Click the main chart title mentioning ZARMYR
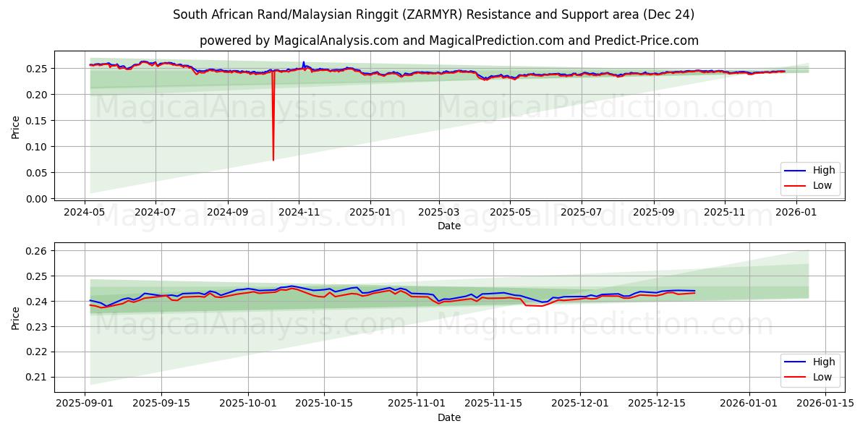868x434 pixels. pos(434,14)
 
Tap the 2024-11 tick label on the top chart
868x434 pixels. pos(299,213)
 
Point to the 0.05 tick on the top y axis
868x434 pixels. pos(36,173)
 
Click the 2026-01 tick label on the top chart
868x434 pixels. pos(796,213)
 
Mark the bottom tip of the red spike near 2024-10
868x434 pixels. pos(273,160)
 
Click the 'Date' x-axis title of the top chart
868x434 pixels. pos(449,226)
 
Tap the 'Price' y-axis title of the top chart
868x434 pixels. pos(16,127)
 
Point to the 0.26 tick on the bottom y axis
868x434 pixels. pos(36,251)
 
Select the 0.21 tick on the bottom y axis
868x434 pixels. pos(36,377)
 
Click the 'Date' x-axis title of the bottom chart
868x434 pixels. pos(449,417)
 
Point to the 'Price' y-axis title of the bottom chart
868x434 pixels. pos(16,319)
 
